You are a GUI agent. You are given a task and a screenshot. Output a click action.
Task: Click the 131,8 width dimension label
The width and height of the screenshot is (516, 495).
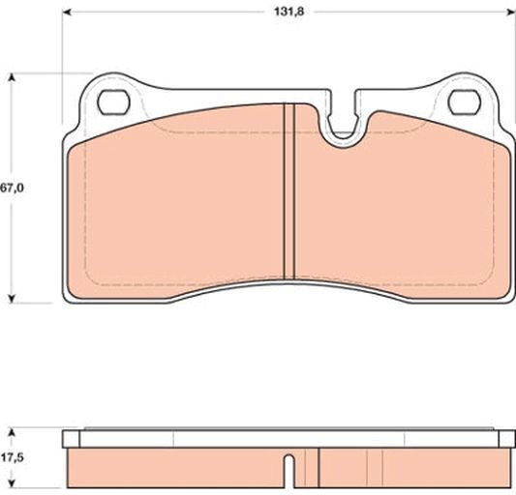[x=289, y=12]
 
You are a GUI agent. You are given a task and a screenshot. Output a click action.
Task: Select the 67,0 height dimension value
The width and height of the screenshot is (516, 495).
[x=12, y=188]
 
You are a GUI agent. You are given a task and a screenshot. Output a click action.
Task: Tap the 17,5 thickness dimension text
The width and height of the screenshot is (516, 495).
[x=12, y=457]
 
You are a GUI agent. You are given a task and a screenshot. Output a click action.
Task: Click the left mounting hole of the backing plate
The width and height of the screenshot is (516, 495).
[x=113, y=102]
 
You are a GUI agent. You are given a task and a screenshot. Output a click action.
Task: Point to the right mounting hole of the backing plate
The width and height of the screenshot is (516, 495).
[x=465, y=102]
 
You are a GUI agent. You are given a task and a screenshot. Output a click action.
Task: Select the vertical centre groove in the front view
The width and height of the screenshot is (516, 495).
[x=288, y=191]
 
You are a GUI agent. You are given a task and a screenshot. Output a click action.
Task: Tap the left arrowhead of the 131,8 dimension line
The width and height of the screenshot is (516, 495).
[x=67, y=13]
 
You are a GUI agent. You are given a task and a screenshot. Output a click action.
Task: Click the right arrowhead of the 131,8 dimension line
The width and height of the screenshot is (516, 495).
[x=511, y=13]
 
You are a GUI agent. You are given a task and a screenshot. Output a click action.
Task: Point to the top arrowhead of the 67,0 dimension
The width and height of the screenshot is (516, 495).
[x=12, y=77]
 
